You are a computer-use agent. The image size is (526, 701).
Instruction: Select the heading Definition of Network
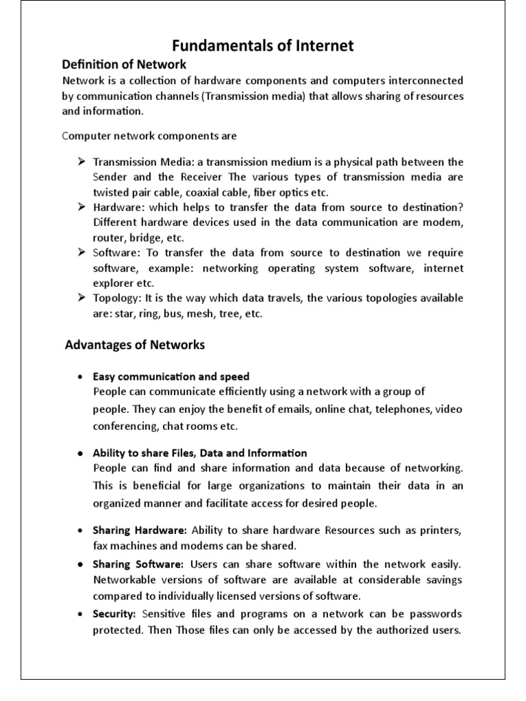coord(124,65)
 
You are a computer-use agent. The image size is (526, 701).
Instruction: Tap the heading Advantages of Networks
coord(135,345)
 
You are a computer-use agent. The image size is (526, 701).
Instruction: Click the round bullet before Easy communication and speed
coord(80,377)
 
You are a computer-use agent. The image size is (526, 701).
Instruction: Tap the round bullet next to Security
coord(80,613)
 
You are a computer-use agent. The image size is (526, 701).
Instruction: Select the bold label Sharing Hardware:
coord(140,531)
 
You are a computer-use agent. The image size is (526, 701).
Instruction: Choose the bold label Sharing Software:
coord(138,564)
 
